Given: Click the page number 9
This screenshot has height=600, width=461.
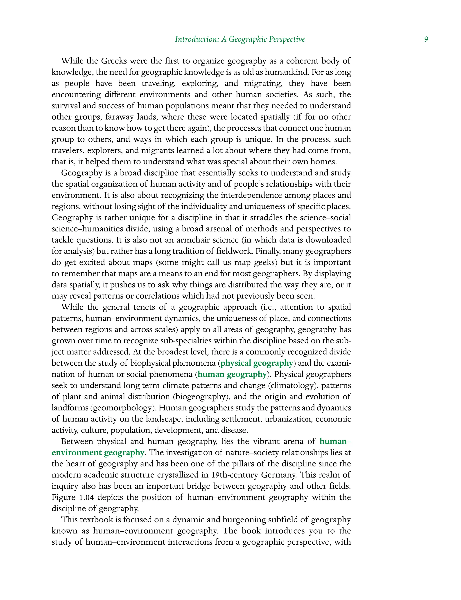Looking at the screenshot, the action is [x=426, y=39].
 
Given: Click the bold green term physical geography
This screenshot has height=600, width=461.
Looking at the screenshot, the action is [x=257, y=363].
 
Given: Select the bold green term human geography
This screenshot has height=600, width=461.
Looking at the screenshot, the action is [x=232, y=374].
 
